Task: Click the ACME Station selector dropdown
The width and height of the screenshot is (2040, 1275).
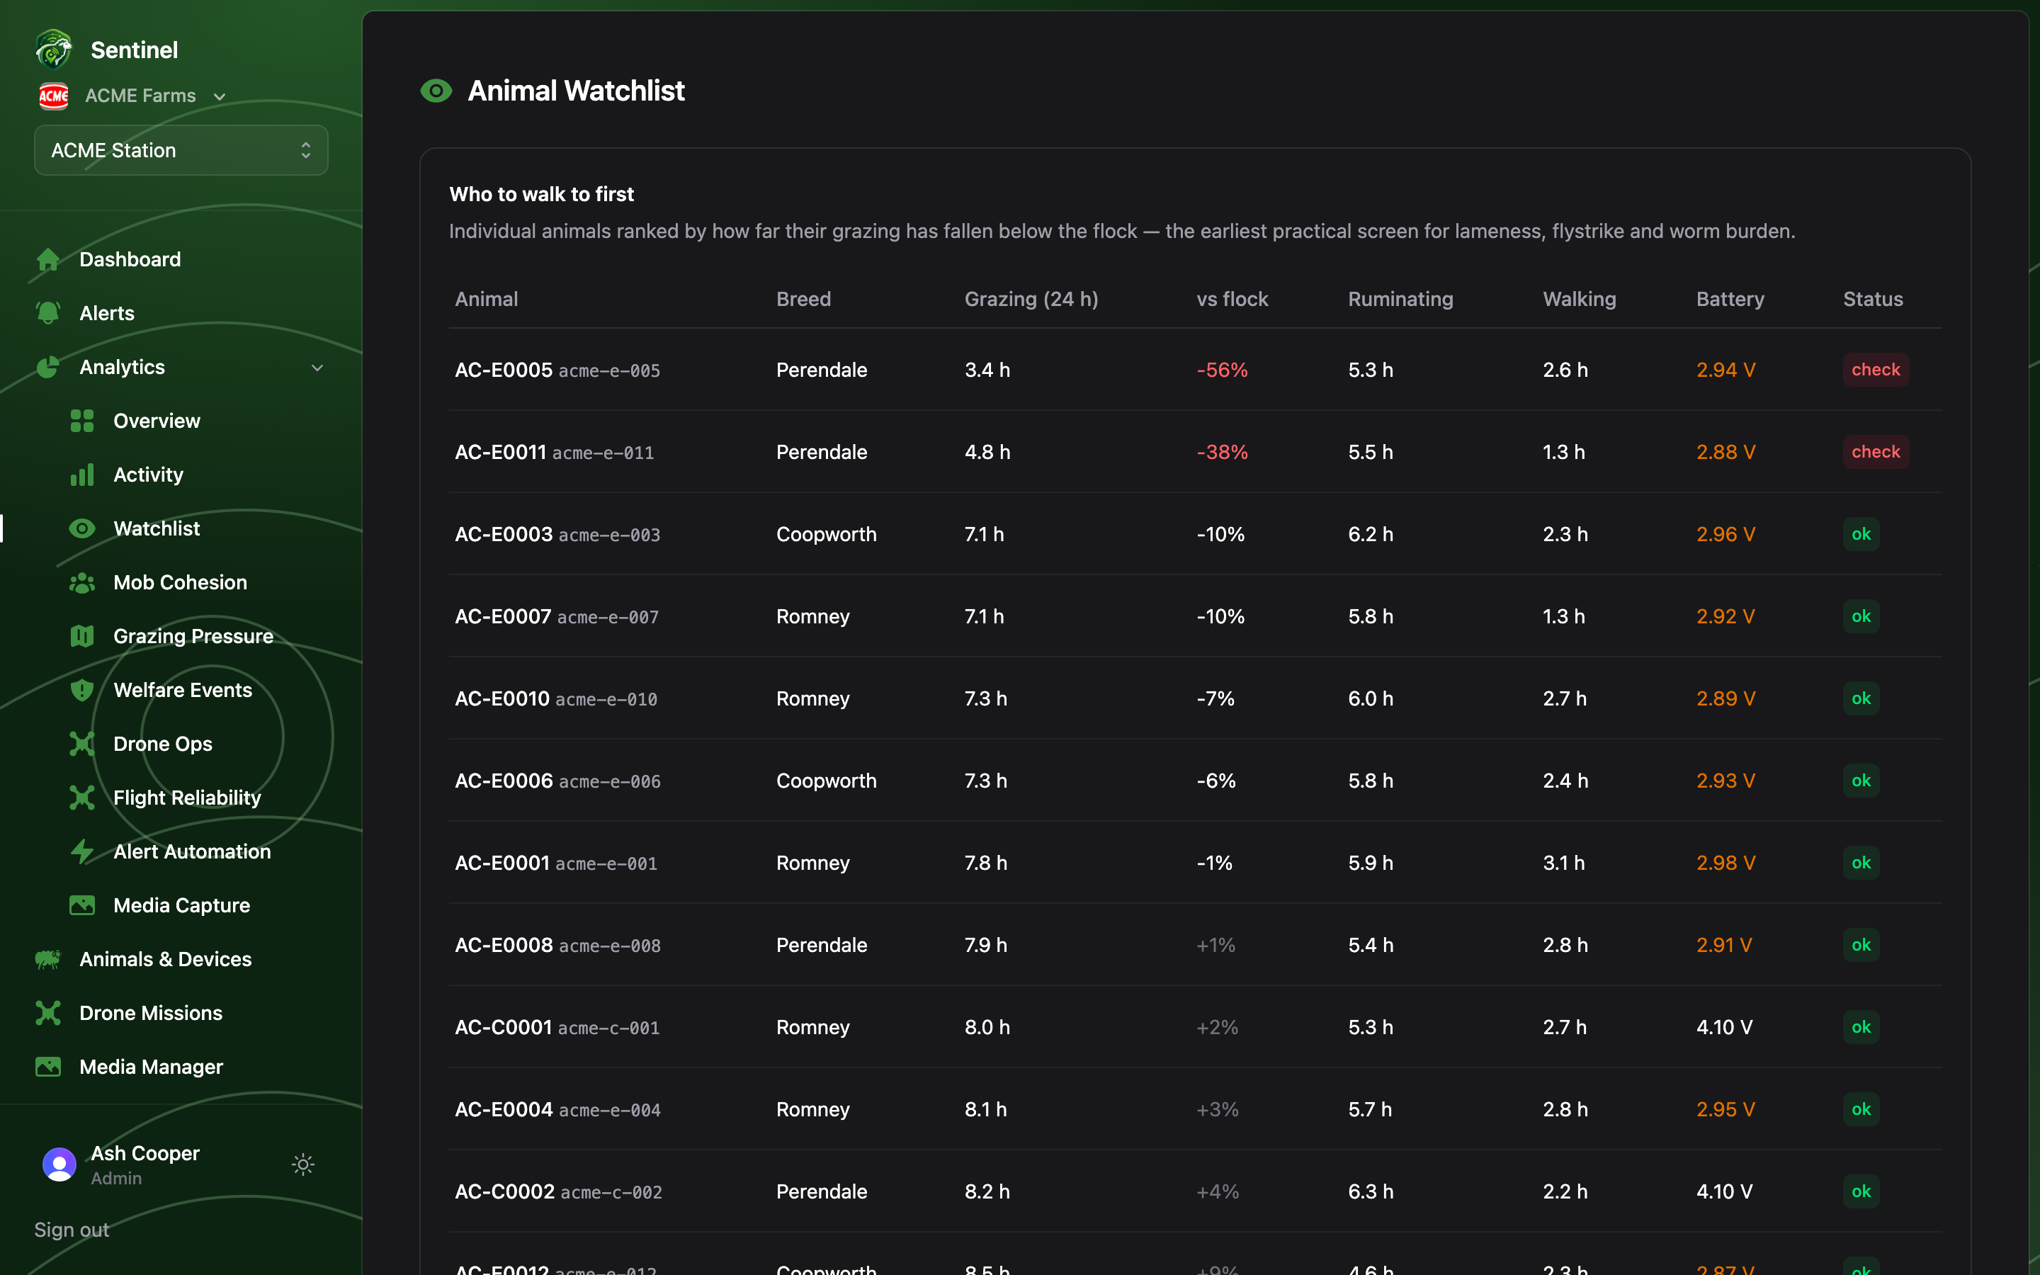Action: [x=181, y=150]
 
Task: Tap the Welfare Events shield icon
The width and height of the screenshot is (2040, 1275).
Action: [x=81, y=690]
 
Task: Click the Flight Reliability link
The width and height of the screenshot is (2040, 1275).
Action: [x=187, y=798]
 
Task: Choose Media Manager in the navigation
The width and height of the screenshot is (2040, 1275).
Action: [x=151, y=1067]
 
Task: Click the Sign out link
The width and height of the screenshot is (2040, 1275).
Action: [x=72, y=1230]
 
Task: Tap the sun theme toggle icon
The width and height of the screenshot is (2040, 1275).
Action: [x=303, y=1164]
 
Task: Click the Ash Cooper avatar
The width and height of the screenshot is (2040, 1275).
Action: [x=59, y=1164]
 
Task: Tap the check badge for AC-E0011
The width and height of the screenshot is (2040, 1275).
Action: [x=1876, y=452]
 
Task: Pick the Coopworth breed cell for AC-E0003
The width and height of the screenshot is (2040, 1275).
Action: [x=826, y=534]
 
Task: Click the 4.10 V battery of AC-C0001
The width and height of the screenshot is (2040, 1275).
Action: [x=1724, y=1027]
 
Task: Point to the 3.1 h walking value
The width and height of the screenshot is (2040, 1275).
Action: [x=1564, y=863]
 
